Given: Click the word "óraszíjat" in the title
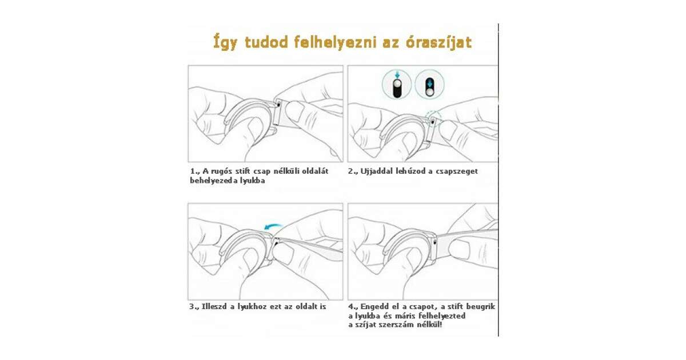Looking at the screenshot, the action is point(438,42).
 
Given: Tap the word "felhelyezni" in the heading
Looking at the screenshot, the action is point(335,42).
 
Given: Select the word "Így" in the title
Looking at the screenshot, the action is point(225,43).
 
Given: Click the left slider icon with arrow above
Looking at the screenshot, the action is point(397,85).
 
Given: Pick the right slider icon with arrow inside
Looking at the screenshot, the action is point(429,85).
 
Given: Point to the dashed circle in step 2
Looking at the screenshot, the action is point(433,117).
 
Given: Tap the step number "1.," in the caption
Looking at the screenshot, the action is point(195,171).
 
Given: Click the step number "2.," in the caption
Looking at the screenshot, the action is point(353,171).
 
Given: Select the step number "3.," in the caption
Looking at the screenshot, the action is point(194,307).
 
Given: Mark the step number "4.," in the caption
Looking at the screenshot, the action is point(353,307).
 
